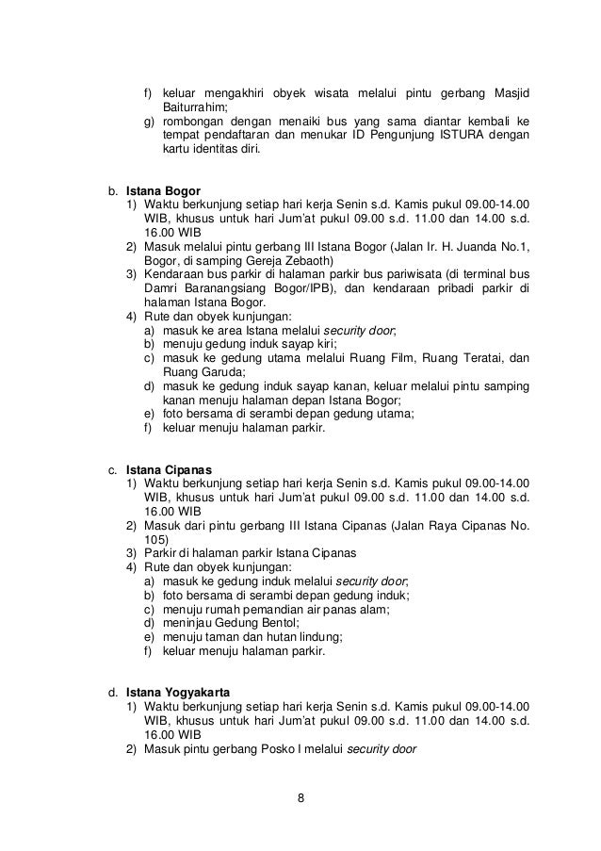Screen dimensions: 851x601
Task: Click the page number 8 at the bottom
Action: pyautogui.click(x=300, y=801)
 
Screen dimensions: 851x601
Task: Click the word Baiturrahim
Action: pyautogui.click(x=194, y=107)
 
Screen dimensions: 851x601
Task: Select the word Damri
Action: pyautogui.click(x=160, y=287)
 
